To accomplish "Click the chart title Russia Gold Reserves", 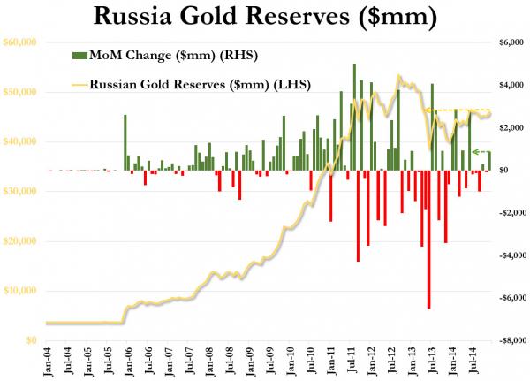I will (x=265, y=16).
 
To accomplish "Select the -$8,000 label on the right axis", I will (x=510, y=340).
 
